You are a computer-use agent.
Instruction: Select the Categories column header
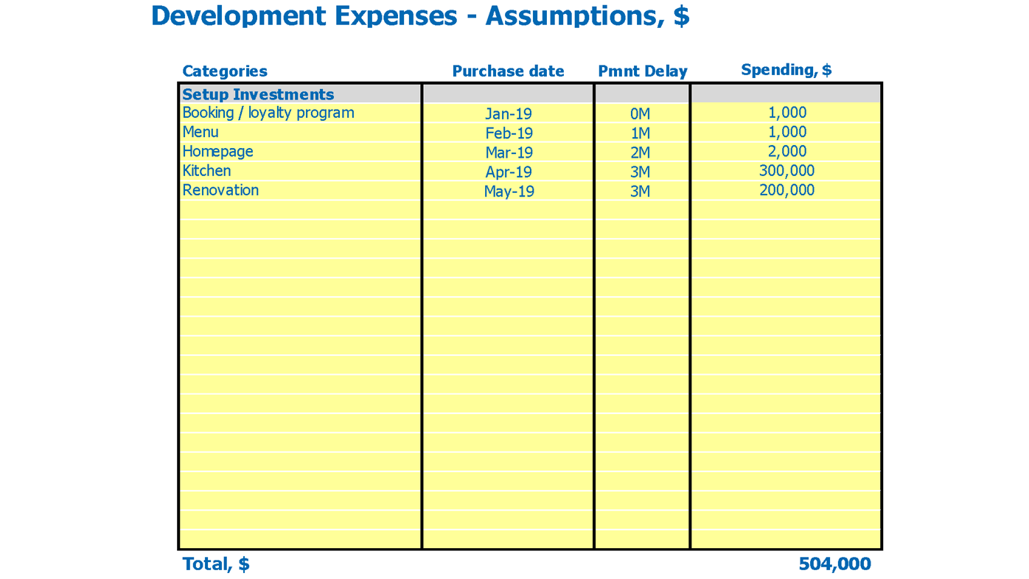pos(225,71)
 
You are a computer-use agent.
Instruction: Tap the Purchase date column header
pos(508,71)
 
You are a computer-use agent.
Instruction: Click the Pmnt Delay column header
pos(642,71)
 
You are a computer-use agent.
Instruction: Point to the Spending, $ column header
pos(786,70)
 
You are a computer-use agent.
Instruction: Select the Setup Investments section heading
pos(258,94)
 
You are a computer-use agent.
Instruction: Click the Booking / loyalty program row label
pos(268,113)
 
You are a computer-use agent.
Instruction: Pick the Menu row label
pos(200,132)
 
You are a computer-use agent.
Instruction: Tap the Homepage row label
pos(218,151)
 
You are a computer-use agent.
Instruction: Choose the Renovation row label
pos(221,190)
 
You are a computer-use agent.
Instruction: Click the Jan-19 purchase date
pos(508,114)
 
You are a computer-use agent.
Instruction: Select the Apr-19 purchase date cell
pos(508,172)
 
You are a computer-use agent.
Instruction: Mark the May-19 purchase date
pos(509,192)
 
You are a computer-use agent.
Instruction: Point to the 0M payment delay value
pos(640,114)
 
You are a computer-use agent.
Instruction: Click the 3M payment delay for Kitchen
pos(640,172)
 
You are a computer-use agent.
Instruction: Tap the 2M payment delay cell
pos(640,152)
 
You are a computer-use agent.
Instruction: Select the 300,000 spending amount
pos(786,171)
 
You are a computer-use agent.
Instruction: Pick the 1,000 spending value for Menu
pos(786,132)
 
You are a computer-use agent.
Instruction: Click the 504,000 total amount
pos(834,564)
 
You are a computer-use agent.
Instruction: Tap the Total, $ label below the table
pos(216,564)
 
